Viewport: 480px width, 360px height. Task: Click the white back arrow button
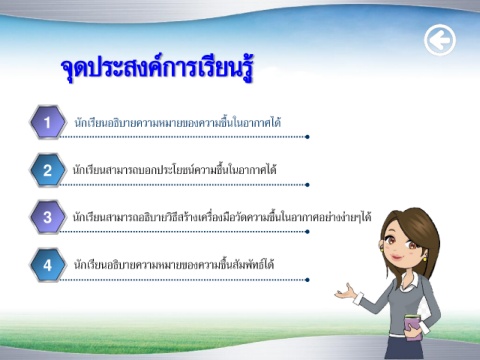click(440, 40)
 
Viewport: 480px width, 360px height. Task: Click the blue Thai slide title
click(157, 68)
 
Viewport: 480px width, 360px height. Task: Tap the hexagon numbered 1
click(48, 122)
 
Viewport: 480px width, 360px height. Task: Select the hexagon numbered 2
click(48, 170)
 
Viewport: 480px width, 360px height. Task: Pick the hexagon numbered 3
click(48, 217)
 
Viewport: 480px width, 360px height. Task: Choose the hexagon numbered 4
click(48, 265)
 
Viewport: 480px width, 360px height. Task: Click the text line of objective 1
click(177, 122)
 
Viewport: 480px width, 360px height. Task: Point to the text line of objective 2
click(175, 170)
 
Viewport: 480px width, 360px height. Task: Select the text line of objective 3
click(222, 217)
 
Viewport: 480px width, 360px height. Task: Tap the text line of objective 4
click(174, 265)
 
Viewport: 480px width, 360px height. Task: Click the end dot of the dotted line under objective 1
click(307, 137)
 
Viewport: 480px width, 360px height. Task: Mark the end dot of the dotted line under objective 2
click(307, 185)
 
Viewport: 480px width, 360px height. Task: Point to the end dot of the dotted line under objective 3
click(307, 232)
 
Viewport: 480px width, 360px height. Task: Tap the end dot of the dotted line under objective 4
click(307, 280)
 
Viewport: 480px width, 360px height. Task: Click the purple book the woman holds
click(414, 327)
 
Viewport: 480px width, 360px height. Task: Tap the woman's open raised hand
click(346, 292)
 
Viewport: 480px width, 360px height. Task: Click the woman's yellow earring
click(425, 258)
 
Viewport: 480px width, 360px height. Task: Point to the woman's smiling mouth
click(397, 257)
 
